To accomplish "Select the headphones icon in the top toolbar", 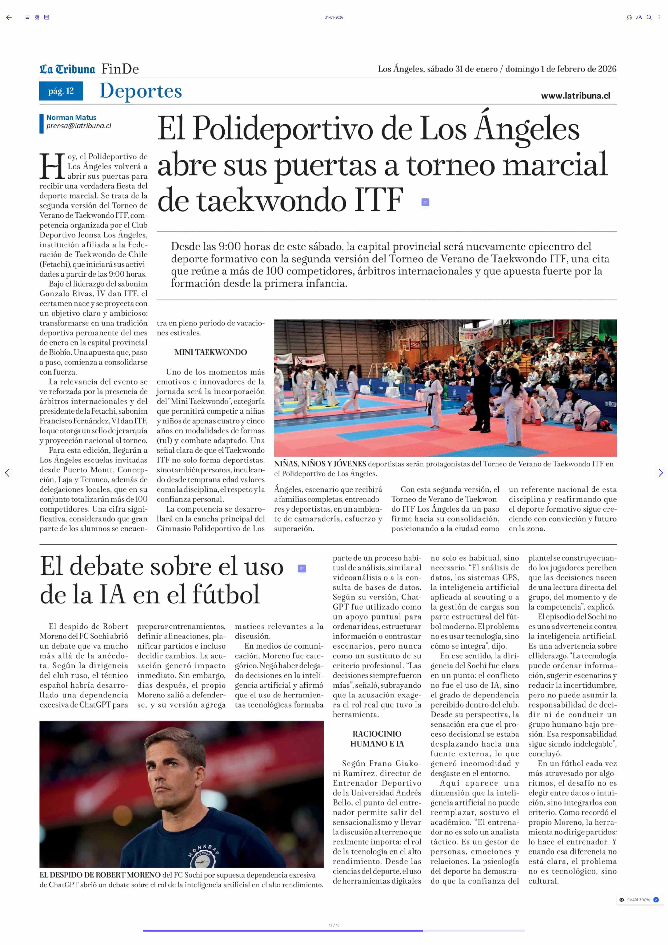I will tap(629, 17).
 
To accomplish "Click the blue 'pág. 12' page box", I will tap(61, 91).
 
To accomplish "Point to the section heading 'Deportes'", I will tap(141, 91).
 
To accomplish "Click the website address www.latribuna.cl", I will tap(575, 96).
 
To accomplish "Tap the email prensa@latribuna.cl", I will tap(79, 126).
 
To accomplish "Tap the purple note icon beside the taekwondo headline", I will tap(425, 202).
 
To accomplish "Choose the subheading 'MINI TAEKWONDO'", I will tap(211, 352).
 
